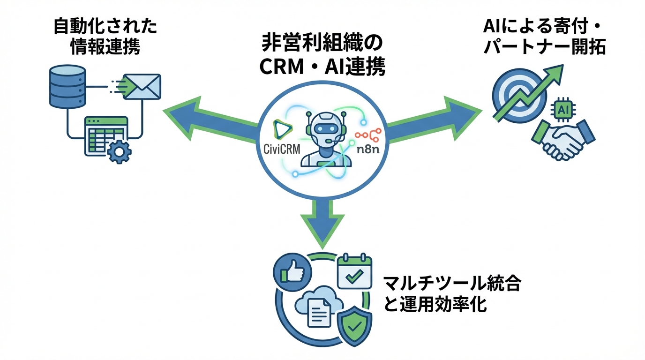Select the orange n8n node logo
368,135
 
